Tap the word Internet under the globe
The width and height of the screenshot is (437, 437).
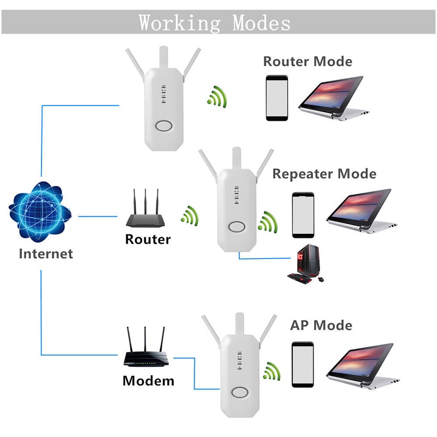click(x=46, y=253)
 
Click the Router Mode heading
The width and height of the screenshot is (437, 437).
click(x=308, y=61)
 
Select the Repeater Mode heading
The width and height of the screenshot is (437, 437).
click(x=324, y=174)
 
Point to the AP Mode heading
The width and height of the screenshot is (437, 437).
click(x=321, y=326)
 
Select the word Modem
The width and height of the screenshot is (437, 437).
click(x=148, y=380)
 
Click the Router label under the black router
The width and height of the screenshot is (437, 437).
click(x=147, y=239)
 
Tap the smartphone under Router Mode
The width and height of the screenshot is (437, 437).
click(x=277, y=97)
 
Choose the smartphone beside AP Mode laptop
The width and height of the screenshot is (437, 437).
click(x=302, y=364)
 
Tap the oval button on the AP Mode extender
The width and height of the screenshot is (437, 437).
click(x=239, y=393)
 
